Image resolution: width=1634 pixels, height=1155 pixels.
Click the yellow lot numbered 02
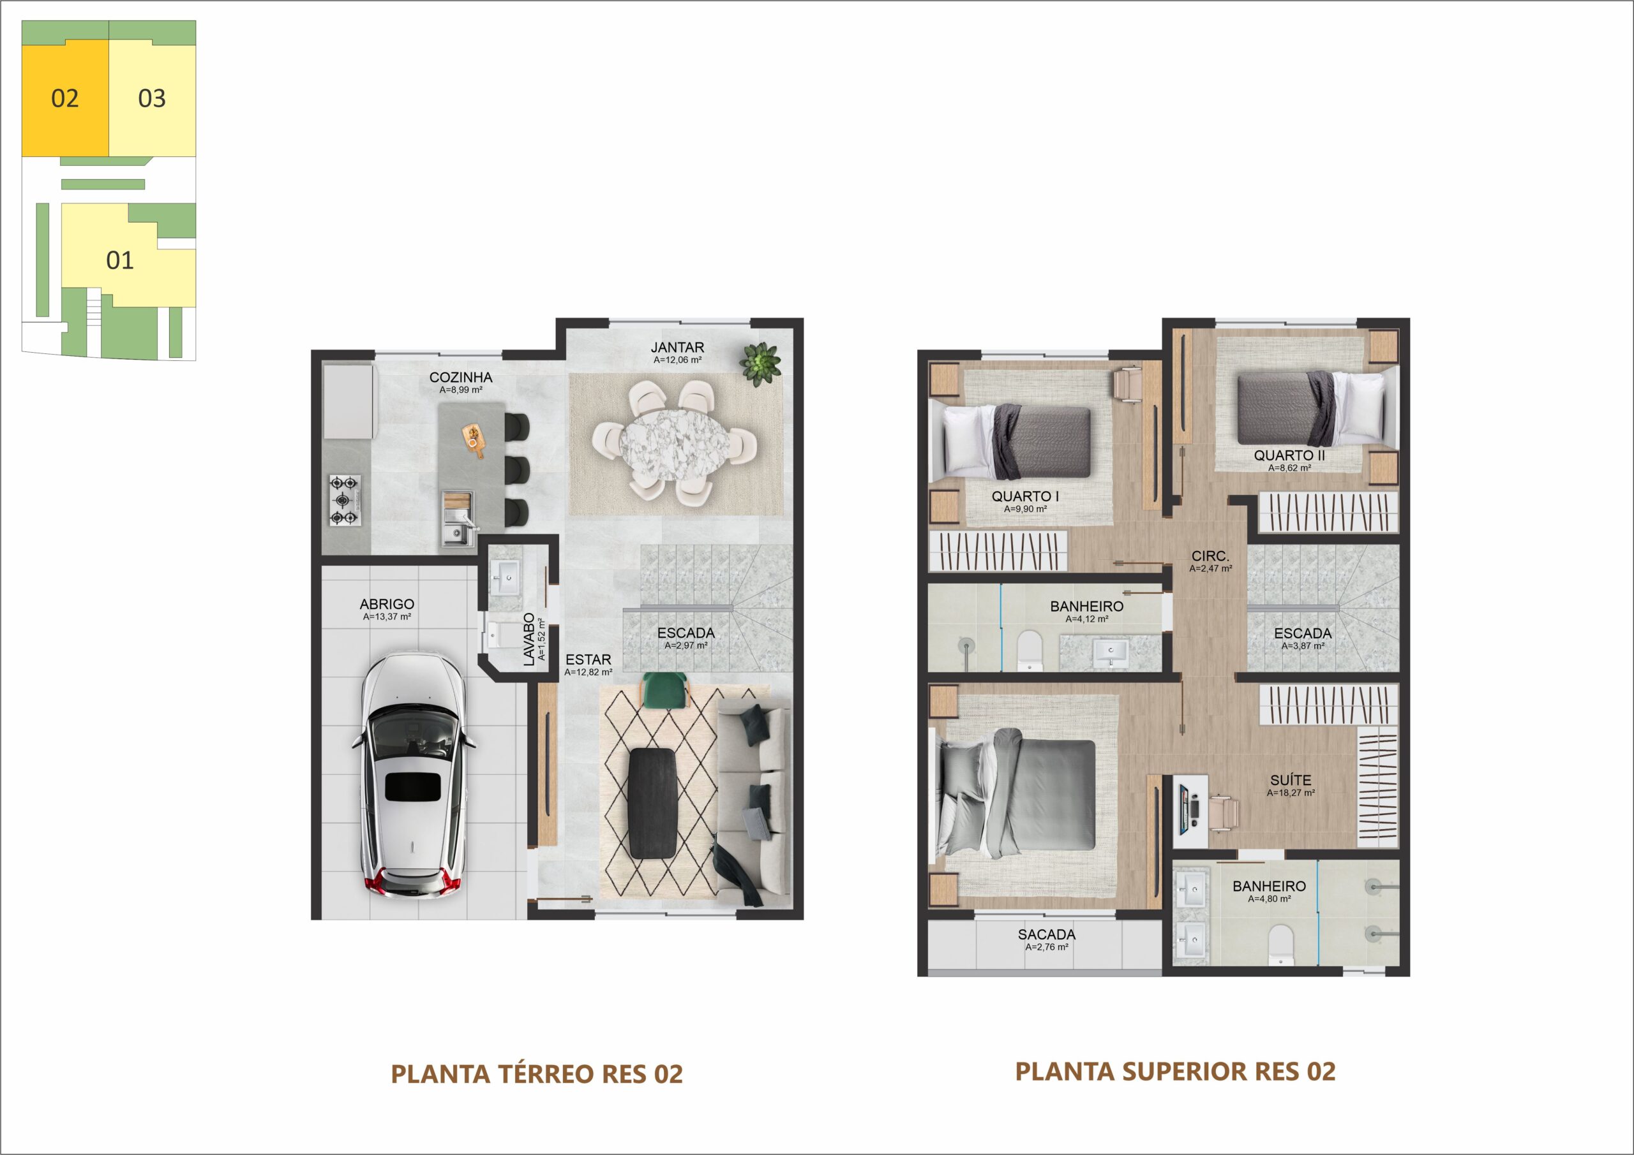pos(64,98)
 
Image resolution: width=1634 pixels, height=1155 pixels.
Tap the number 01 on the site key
pos(119,260)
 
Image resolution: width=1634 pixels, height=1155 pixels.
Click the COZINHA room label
pos(460,377)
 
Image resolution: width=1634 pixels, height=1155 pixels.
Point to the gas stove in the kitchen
pos(345,501)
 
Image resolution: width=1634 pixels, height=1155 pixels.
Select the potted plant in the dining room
pos(760,364)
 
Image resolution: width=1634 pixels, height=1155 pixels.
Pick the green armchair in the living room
pos(666,691)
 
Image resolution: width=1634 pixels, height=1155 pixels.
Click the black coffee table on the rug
pos(652,803)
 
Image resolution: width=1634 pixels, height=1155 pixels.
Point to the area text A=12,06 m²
pos(677,360)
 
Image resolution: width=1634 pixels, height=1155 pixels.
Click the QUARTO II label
pos(1289,455)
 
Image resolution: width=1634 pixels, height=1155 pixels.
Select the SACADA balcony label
pos(1046,934)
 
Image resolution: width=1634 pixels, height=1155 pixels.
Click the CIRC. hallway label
pos(1210,556)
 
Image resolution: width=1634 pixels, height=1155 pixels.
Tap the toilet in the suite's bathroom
pos(1280,945)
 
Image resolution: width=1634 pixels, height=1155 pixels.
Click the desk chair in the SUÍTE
pos(1224,812)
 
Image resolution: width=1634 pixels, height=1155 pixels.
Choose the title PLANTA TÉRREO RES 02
pos(537,1074)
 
